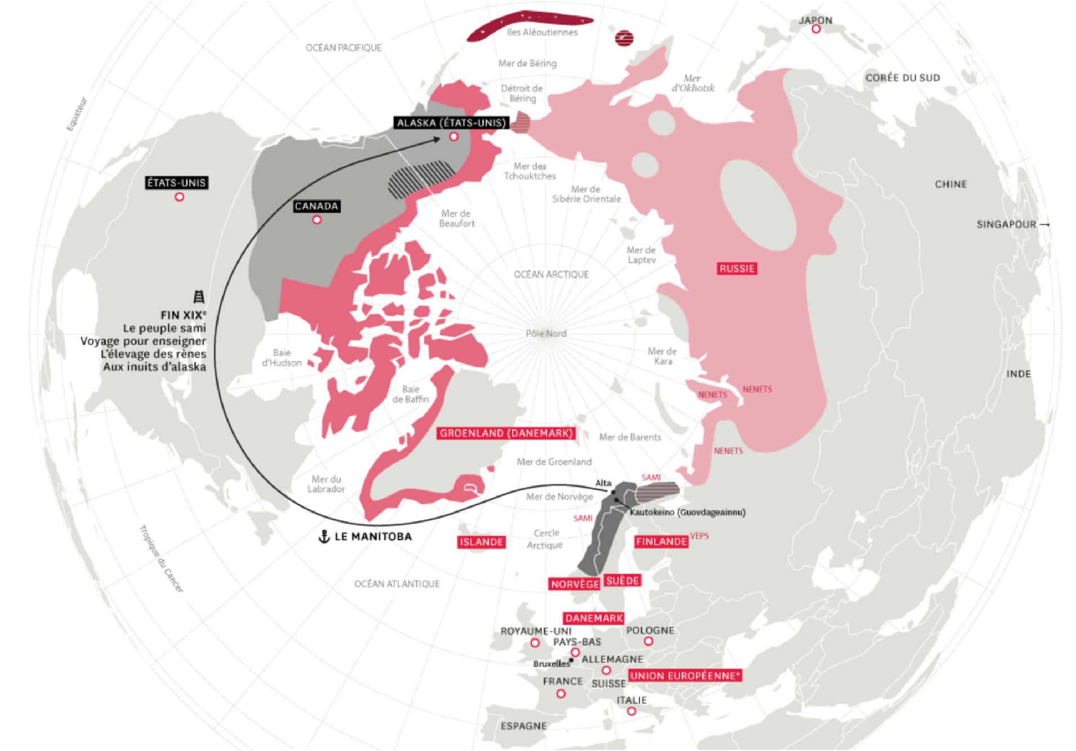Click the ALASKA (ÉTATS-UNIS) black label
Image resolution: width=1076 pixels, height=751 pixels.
point(451,123)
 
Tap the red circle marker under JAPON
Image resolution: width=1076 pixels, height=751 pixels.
point(816,29)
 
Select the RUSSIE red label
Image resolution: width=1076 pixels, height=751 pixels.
point(737,269)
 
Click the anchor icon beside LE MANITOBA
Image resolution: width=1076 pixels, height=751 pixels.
point(324,537)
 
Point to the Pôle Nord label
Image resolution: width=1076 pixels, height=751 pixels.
point(546,333)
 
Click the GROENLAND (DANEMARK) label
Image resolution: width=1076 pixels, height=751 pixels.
point(506,434)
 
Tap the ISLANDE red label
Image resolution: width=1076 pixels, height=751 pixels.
point(481,542)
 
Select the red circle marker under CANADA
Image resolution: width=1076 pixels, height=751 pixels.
point(317,220)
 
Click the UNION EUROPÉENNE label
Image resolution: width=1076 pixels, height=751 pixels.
point(684,675)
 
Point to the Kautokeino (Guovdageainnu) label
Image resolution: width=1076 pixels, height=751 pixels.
point(687,513)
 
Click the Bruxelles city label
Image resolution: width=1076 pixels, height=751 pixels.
point(551,664)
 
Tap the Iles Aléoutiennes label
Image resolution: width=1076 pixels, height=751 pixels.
point(542,33)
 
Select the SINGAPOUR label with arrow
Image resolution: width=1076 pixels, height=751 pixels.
point(1012,224)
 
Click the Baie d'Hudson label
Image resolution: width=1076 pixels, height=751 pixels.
point(282,358)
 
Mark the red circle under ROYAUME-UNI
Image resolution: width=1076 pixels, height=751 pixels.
point(535,643)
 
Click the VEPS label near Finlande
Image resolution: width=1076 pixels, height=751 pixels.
point(699,536)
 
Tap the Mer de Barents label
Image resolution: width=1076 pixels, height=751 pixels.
point(630,438)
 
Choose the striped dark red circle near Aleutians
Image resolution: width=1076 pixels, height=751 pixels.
point(624,38)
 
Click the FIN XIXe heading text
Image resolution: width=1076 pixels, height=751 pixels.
point(183,315)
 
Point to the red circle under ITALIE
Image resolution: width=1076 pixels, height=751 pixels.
point(632,711)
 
